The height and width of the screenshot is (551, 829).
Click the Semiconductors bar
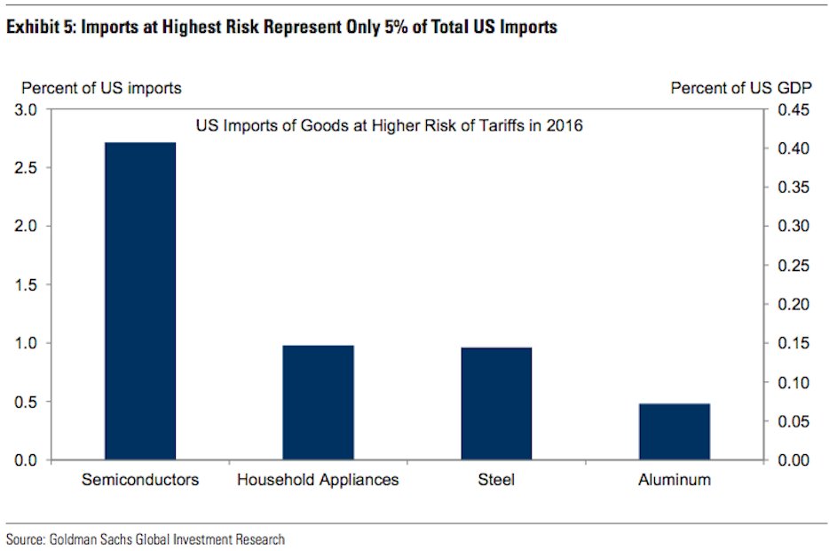[139, 300]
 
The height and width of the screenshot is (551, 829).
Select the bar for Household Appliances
[318, 402]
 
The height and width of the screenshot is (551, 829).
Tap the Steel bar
[495, 403]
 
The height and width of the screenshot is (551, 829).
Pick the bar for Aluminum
[674, 431]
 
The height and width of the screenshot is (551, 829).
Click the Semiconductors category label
[139, 480]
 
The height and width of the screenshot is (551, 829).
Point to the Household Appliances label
[318, 480]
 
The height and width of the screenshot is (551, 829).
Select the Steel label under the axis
[495, 480]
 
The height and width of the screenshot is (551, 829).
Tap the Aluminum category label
[674, 480]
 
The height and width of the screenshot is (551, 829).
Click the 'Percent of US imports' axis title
[101, 88]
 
